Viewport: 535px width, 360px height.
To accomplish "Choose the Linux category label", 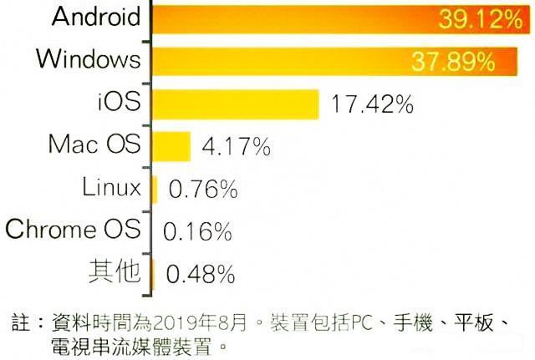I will tap(111, 186).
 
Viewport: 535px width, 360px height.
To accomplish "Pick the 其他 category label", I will tap(115, 271).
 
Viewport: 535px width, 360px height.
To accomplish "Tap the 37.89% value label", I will tap(451, 62).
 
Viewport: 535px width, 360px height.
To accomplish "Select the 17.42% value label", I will tap(372, 105).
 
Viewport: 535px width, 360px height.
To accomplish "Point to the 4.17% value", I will tap(236, 149).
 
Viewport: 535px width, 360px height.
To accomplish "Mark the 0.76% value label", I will tap(203, 190).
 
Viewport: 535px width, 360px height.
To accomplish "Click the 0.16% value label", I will tap(198, 231).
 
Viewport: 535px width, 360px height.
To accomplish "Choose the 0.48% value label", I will tap(201, 272).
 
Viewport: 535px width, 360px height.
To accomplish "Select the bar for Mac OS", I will tap(171, 146).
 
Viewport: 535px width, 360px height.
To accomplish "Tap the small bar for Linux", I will tap(155, 189).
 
